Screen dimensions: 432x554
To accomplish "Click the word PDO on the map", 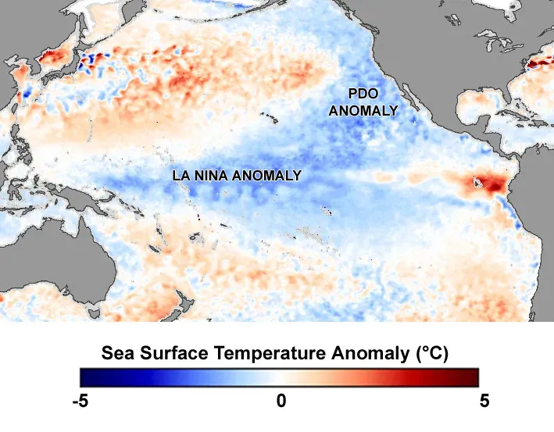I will tap(363, 95).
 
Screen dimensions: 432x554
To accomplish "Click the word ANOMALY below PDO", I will tap(363, 111).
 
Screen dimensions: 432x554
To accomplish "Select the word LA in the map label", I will tap(180, 175).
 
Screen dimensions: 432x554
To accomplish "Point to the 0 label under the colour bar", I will tap(281, 402).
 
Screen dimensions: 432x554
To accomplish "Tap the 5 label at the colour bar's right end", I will tap(484, 402).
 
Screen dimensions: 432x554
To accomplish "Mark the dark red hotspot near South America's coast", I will tap(489, 185).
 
